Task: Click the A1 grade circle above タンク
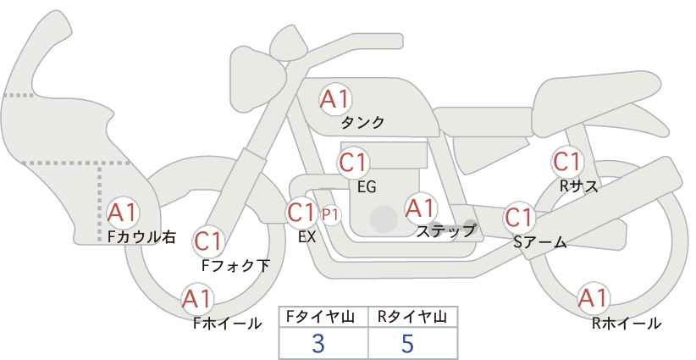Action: (334, 99)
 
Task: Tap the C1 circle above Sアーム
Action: (519, 217)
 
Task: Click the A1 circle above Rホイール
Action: (593, 298)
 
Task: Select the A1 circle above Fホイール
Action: (197, 298)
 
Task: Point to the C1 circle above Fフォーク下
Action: (208, 241)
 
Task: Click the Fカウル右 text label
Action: (141, 237)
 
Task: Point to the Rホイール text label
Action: (627, 324)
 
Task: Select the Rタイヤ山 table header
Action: (412, 316)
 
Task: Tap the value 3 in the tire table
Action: (318, 344)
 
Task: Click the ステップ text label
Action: (445, 230)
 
